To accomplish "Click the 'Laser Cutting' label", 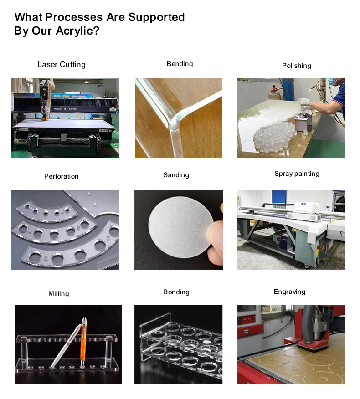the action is coord(62,65).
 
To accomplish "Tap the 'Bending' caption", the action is coord(180,64).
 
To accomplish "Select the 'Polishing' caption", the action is coord(296,66).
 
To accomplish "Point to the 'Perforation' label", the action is coord(62,176).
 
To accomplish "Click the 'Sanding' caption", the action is coord(176,175).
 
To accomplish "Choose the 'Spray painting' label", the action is coord(297,174).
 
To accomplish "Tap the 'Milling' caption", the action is coord(59,294).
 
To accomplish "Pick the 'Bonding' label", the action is coord(176,292).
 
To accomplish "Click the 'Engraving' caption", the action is coord(289,292).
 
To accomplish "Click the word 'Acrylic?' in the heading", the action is coord(77,31).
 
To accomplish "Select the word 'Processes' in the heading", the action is coord(74,17).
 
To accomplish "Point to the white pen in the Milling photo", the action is coord(66,346).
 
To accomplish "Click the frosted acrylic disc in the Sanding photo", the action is coord(181,227).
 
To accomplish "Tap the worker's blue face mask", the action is coord(333,82).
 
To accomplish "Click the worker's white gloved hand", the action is coord(304,102).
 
